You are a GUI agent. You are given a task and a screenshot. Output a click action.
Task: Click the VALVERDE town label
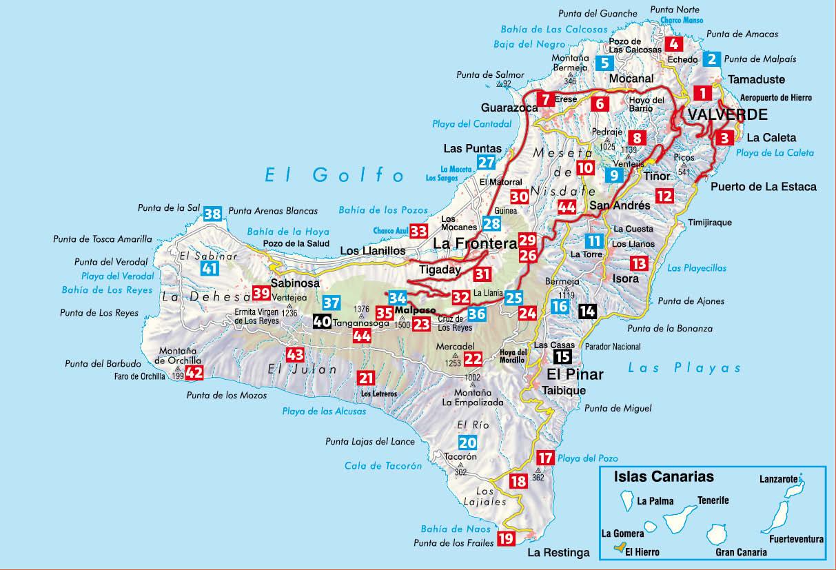[727, 114]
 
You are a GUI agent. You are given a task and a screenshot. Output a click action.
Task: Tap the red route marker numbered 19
[506, 539]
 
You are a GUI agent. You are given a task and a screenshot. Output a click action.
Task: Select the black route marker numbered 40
[322, 321]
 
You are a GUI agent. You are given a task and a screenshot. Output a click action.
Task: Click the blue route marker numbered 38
[213, 214]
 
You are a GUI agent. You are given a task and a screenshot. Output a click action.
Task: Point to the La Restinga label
[558, 553]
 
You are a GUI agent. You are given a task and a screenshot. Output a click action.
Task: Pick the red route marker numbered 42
[195, 373]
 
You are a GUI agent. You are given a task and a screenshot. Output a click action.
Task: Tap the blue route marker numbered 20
[467, 442]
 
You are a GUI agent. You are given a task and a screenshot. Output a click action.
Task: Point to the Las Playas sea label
[684, 368]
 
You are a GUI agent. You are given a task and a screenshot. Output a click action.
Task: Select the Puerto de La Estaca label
[763, 187]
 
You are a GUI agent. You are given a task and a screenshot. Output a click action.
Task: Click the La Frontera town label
[475, 244]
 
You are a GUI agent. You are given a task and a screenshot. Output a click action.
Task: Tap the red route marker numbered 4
[673, 44]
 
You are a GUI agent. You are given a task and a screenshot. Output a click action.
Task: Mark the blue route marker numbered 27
[487, 163]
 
